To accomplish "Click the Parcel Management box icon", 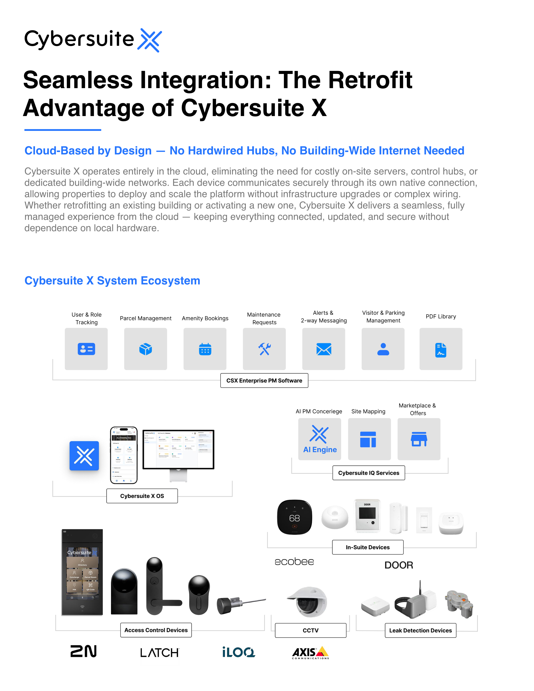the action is [x=146, y=349].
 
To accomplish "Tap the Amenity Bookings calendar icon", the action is [x=205, y=349].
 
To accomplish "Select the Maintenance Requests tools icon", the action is [x=264, y=349].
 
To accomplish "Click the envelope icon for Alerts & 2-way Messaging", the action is [x=324, y=349].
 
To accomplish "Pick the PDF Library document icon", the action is [x=441, y=350].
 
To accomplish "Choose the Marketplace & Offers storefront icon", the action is [x=419, y=439].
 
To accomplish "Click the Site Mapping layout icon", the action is [x=368, y=439].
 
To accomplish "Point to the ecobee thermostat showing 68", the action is [x=294, y=517].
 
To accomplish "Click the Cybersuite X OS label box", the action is [x=142, y=496].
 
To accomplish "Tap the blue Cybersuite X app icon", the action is [x=84, y=456].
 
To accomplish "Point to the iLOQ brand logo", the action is [x=239, y=652].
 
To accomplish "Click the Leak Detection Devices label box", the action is [x=420, y=630].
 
